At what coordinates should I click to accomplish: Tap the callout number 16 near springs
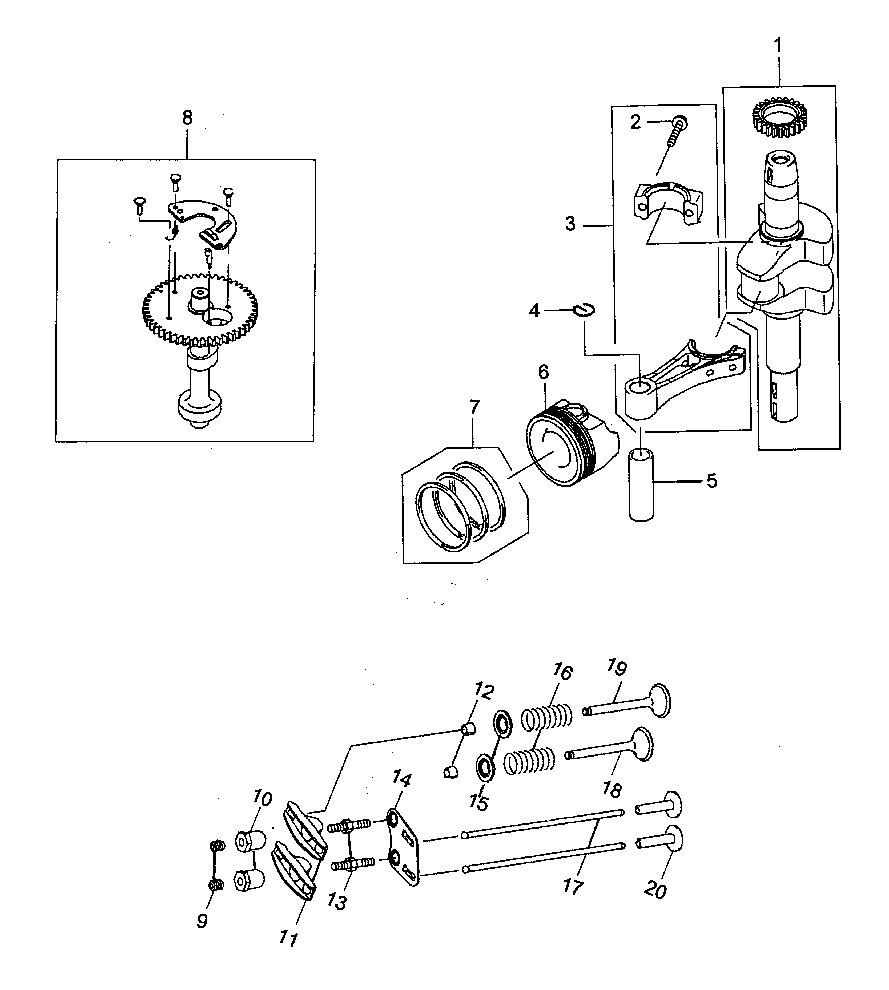click(x=562, y=673)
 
